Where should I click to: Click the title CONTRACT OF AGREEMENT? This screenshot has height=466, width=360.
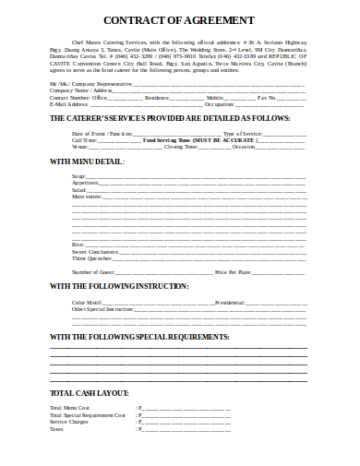coord(179,19)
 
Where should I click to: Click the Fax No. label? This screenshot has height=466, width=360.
coord(266,97)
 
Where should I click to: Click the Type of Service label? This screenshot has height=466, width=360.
coord(243,134)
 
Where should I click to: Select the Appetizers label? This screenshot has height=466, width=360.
coord(85,183)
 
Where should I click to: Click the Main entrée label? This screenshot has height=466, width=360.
coord(88,196)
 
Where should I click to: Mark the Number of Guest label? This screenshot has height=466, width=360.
coord(93,272)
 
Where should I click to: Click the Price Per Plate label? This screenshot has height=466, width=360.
coord(233,272)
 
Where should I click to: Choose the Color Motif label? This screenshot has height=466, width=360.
coord(86,303)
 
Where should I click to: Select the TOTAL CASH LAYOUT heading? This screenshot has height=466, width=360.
coord(89,393)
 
